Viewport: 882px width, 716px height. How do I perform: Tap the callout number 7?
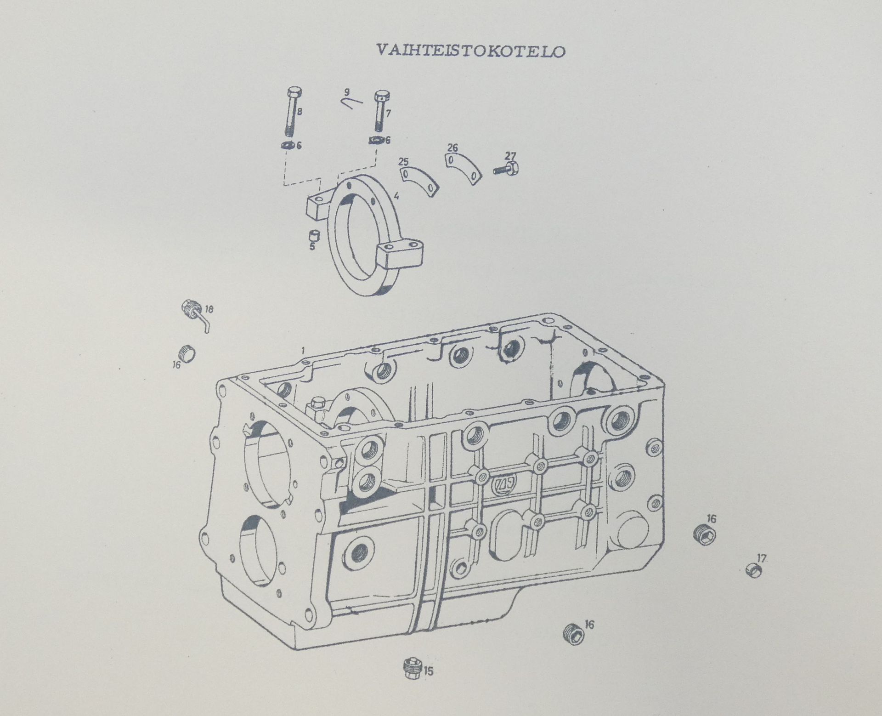pyautogui.click(x=388, y=113)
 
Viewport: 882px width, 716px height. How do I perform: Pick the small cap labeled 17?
pyautogui.click(x=754, y=570)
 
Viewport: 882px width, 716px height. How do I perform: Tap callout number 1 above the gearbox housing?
pyautogui.click(x=303, y=351)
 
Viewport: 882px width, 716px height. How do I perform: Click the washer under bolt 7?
pyautogui.click(x=376, y=140)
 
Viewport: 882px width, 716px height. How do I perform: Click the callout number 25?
pyautogui.click(x=403, y=161)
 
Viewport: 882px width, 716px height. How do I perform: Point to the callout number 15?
pyautogui.click(x=429, y=671)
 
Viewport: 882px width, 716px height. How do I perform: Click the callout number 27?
pyautogui.click(x=510, y=156)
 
